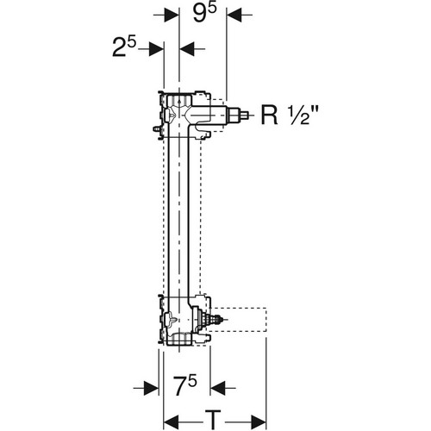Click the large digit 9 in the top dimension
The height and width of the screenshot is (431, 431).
(x=200, y=15)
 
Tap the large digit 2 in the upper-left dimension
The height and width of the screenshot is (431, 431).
(x=119, y=48)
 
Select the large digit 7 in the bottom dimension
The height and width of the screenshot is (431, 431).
(x=181, y=386)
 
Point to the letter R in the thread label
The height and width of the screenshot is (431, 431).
(x=269, y=115)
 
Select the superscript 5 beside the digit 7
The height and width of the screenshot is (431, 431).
(x=193, y=382)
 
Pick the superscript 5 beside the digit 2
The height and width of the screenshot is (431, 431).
(x=131, y=43)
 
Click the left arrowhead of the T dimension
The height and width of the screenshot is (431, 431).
(x=172, y=422)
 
